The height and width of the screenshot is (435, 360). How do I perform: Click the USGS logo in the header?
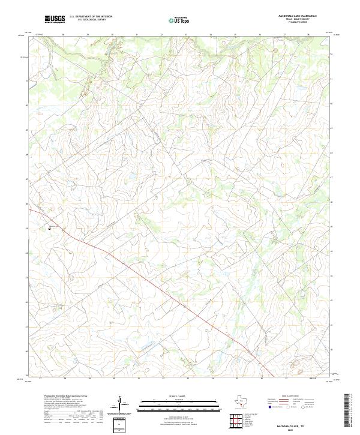pos(55,19)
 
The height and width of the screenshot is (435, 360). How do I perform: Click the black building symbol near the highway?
pos(49,227)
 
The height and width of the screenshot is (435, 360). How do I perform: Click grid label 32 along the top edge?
pos(162,35)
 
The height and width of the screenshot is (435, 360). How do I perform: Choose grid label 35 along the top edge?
pos(235,35)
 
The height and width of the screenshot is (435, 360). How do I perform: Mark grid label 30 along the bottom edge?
pos(113,379)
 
